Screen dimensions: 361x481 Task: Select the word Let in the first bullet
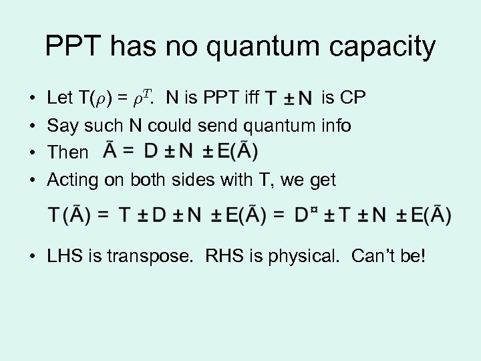click(60, 99)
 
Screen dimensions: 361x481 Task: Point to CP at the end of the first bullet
click(353, 99)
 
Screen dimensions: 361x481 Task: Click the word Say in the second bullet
click(61, 126)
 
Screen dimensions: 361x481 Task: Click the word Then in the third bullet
click(67, 152)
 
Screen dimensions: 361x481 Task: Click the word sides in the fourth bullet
click(227, 179)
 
